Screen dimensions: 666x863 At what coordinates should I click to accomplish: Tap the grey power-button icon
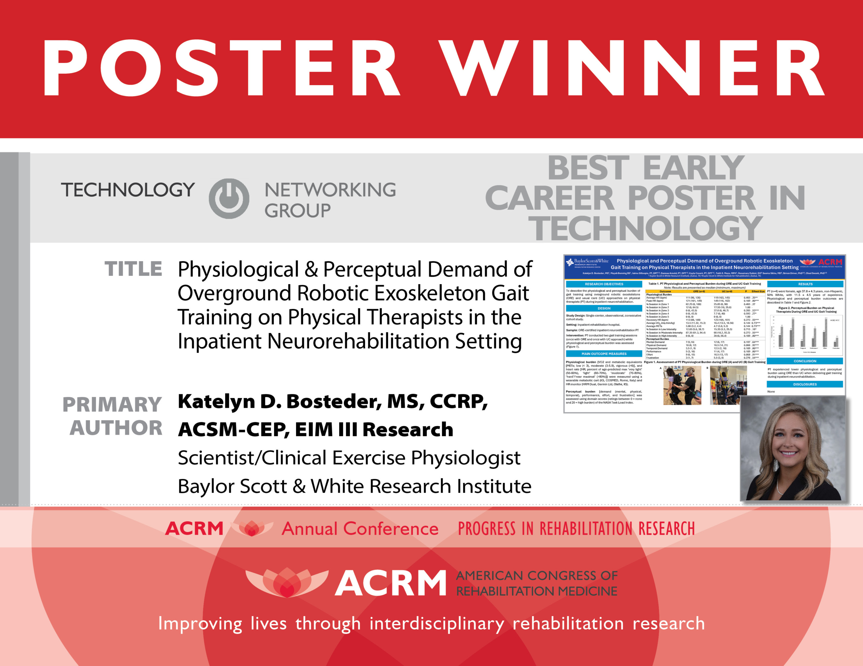[x=229, y=198]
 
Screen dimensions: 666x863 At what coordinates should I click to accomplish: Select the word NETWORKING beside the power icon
[x=330, y=190]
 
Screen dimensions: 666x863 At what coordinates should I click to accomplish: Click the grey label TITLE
[x=133, y=269]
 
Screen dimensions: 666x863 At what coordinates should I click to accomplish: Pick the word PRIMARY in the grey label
[x=112, y=405]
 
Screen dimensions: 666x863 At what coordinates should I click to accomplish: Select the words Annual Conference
[x=360, y=529]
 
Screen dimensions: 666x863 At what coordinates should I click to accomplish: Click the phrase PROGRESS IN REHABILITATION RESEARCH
[x=576, y=529]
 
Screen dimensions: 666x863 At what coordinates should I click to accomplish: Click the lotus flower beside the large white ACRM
[x=287, y=582]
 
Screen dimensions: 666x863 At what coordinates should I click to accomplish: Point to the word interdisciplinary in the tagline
[x=437, y=624]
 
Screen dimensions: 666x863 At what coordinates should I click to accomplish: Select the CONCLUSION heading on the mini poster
[x=805, y=361]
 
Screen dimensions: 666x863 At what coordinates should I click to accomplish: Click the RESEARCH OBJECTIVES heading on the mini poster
[x=604, y=284]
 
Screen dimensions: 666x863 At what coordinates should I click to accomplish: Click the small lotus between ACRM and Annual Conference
[x=252, y=528]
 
